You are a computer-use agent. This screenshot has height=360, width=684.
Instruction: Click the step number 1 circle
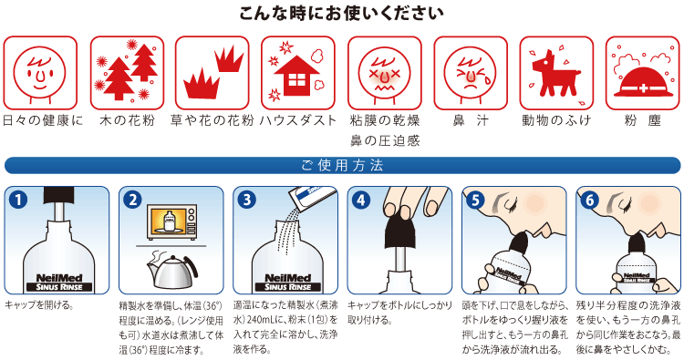coord(18,200)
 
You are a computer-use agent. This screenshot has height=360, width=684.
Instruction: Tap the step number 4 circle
coord(361,200)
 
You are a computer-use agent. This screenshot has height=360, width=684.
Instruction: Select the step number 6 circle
coord(589,200)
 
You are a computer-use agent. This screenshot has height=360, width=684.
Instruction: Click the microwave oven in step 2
coord(171,222)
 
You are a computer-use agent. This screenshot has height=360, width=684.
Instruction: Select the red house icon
coord(296,75)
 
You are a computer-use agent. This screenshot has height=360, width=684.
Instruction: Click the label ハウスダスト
coord(298,120)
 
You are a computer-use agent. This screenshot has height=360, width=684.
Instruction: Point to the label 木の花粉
coord(127,120)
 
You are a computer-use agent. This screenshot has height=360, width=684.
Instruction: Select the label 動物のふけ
coord(556,120)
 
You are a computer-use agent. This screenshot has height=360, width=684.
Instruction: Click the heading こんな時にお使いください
coord(342,13)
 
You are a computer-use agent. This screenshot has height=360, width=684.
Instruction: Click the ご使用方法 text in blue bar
coord(342,166)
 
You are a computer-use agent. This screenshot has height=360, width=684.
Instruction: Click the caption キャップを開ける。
coord(38,305)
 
